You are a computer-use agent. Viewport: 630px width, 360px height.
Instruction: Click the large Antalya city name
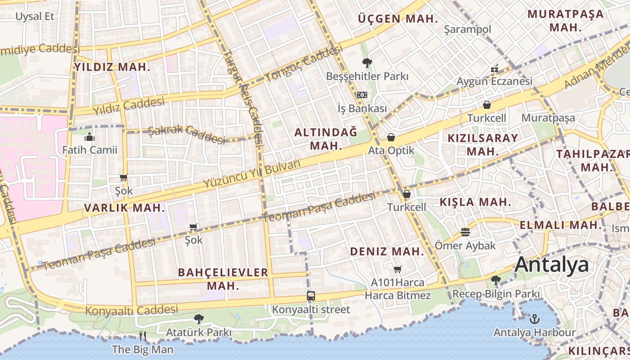coord(552,265)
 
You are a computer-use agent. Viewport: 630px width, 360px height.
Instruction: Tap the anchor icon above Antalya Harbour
coord(535,319)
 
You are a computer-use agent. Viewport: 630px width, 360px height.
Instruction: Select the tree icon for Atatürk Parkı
coord(198,319)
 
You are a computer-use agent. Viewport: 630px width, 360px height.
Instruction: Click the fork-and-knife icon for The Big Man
coord(143,336)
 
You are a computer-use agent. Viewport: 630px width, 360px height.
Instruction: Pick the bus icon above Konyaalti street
coord(311,296)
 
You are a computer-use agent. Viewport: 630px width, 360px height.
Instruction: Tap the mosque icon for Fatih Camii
coord(90,136)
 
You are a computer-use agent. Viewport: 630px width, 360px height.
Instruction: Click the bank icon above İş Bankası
coord(362,95)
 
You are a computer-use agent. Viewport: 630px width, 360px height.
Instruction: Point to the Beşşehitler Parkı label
coord(367,76)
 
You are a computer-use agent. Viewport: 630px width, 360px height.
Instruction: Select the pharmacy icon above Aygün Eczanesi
coord(495,69)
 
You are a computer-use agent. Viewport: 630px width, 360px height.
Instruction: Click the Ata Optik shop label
coord(391,150)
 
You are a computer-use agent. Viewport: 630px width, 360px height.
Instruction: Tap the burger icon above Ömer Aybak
coord(465,232)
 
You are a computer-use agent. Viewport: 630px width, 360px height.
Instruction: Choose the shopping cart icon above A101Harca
coord(397,269)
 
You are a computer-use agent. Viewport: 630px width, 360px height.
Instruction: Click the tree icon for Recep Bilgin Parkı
coord(496,280)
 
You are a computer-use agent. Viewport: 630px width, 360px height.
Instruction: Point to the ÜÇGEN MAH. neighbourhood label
coord(398,19)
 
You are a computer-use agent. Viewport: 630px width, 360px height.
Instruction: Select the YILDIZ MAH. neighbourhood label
coord(112,67)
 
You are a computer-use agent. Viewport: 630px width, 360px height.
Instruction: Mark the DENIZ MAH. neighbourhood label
coord(387,251)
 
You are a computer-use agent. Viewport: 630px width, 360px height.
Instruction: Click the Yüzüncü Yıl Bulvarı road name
coord(251,175)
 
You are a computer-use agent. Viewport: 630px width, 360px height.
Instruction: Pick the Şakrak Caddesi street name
coord(186,134)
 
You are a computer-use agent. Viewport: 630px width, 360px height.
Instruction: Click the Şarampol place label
coord(468,29)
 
